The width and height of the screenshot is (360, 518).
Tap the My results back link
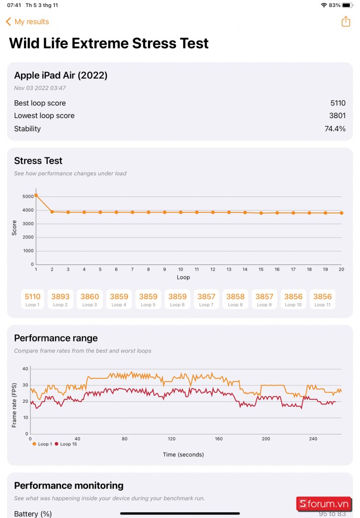click(27, 22)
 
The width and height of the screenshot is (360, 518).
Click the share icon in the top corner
click(345, 22)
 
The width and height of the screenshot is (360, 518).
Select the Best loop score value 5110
click(337, 103)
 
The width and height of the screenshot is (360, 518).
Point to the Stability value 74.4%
click(335, 128)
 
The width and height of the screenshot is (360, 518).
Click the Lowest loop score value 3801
click(337, 116)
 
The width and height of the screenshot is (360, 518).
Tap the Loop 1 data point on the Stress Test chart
click(36, 195)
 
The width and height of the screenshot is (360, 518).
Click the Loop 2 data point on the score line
click(52, 212)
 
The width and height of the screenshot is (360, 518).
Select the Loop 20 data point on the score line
click(341, 213)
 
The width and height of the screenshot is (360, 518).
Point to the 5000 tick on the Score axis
click(28, 196)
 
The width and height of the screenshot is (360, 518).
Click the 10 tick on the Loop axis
click(180, 270)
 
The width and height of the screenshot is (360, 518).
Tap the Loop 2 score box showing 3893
click(60, 299)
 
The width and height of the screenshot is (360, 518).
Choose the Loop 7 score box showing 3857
click(206, 299)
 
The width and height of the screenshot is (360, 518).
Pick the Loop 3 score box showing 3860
click(90, 299)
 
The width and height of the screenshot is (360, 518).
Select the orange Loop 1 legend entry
click(43, 444)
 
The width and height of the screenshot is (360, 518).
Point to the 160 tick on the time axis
click(219, 439)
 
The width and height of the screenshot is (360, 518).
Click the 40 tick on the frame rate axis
click(25, 369)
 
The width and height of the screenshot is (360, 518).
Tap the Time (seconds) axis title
click(183, 454)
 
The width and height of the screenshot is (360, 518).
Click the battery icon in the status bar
click(347, 5)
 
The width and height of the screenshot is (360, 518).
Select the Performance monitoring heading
click(69, 486)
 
